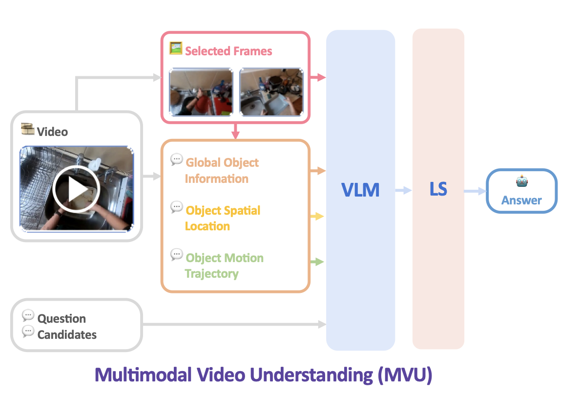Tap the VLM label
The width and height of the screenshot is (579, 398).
coord(360,190)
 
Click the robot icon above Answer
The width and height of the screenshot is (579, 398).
coord(522,182)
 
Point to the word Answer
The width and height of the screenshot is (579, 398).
coord(521,200)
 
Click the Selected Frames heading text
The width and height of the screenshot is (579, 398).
coord(228,51)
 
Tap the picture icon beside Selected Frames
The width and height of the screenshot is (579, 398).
coord(176,48)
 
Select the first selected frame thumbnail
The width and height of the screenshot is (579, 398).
coord(201,92)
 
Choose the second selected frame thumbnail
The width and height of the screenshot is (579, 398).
coord(271,92)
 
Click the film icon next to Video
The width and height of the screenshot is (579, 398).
coord(27,130)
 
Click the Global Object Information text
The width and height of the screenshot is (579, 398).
coord(222,171)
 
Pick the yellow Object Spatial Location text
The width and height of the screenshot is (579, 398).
coord(223,218)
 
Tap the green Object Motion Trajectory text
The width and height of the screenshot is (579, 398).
coord(224,265)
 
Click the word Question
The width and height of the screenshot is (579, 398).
coord(62,319)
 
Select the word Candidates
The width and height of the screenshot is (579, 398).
coord(67,335)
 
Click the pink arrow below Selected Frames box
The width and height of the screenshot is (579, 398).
coord(236,131)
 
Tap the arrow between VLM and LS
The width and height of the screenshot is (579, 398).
coord(403,191)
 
